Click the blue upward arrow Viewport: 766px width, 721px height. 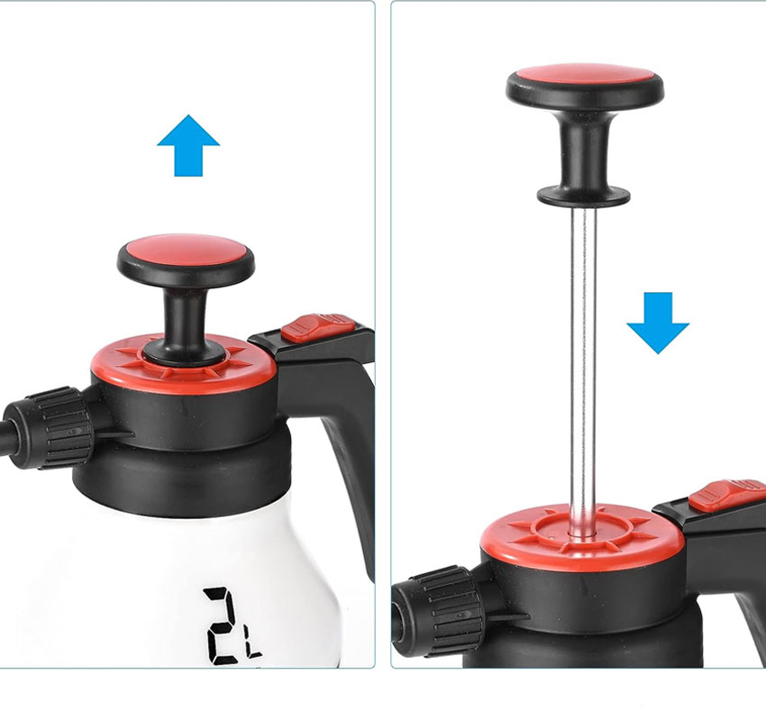pyautogui.click(x=188, y=146)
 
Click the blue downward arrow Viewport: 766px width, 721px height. pyautogui.click(x=658, y=323)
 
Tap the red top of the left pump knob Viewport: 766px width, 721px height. pyautogui.click(x=186, y=251)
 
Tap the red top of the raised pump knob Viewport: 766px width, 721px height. pyautogui.click(x=585, y=77)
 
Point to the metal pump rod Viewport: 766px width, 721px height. pyautogui.click(x=583, y=371)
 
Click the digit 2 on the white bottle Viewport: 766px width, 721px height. pyautogui.click(x=224, y=625)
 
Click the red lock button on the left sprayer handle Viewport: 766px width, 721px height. pyautogui.click(x=318, y=326)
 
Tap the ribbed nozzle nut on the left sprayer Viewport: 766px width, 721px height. pyautogui.click(x=61, y=428)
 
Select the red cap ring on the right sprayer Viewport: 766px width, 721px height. pyautogui.click(x=582, y=547)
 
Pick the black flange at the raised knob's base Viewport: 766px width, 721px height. pyautogui.click(x=584, y=196)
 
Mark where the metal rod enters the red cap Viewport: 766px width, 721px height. pyautogui.click(x=582, y=535)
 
